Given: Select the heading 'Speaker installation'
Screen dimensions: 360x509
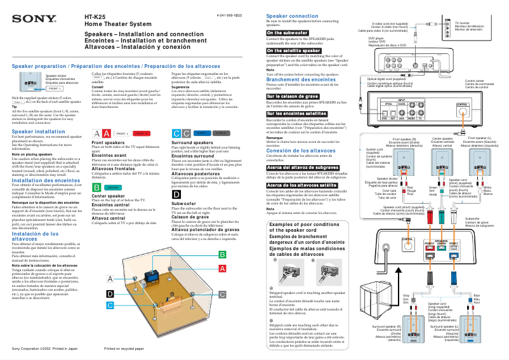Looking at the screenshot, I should click(x=39, y=131).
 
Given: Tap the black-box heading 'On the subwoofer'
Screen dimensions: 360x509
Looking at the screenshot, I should click(x=288, y=32).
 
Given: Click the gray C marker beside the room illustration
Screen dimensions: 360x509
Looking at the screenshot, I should click(x=222, y=295).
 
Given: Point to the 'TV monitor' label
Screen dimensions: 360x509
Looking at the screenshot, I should click(x=467, y=23).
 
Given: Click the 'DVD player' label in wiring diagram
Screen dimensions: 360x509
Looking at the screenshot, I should click(x=377, y=39).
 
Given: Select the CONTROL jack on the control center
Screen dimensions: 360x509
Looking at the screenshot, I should click(x=463, y=105).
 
